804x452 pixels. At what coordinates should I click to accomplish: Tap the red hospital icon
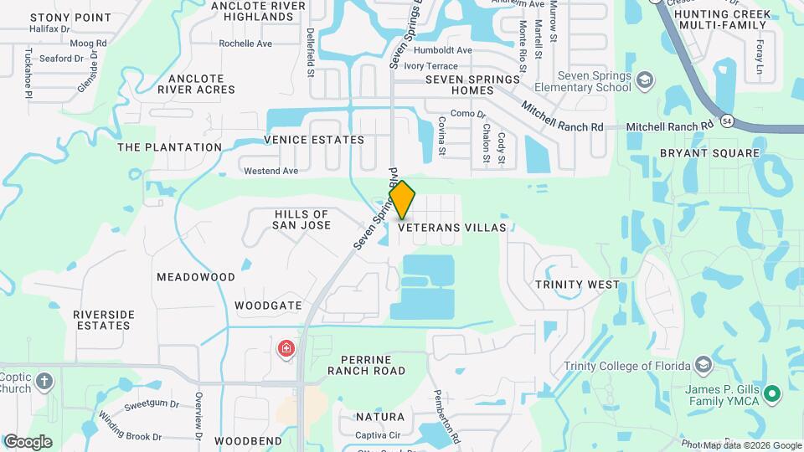pos(286,348)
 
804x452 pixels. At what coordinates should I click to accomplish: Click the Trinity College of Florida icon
pos(703,366)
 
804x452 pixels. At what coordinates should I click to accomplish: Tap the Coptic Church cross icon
pos(44,383)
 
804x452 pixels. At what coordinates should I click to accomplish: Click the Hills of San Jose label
pos(302,220)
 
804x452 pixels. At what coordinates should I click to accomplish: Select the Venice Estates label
pos(314,140)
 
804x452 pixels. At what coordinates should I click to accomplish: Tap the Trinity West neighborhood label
pos(578,285)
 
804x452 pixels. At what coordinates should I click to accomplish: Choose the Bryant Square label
pos(709,153)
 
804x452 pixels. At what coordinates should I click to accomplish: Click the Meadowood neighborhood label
pos(196,276)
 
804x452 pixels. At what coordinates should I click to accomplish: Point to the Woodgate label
pos(268,306)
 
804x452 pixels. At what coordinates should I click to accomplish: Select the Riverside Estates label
pos(104,320)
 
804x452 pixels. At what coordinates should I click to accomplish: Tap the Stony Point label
pos(70,17)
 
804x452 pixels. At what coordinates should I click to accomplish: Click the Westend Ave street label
pos(271,171)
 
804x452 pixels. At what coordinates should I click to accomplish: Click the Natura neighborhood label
pos(379,416)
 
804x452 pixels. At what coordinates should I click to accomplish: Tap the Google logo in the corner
pos(28,441)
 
